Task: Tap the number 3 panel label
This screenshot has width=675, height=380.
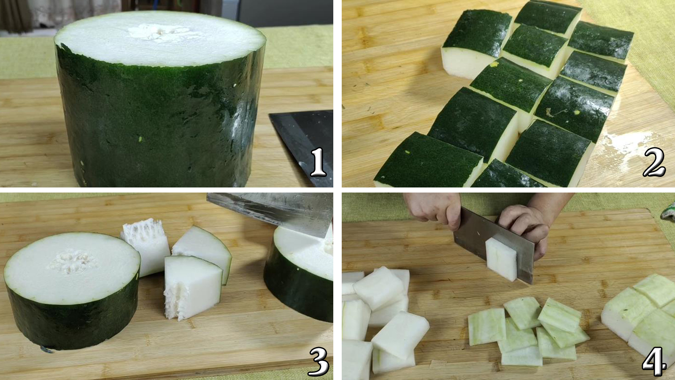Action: click(318, 361)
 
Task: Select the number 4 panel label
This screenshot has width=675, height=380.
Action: click(654, 361)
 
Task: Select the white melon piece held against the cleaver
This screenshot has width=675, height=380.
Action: click(501, 259)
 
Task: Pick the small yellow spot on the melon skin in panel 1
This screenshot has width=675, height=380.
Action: click(140, 139)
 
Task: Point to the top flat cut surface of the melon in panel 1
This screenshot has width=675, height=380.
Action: click(160, 38)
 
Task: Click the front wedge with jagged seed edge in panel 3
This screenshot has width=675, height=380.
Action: click(193, 288)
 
